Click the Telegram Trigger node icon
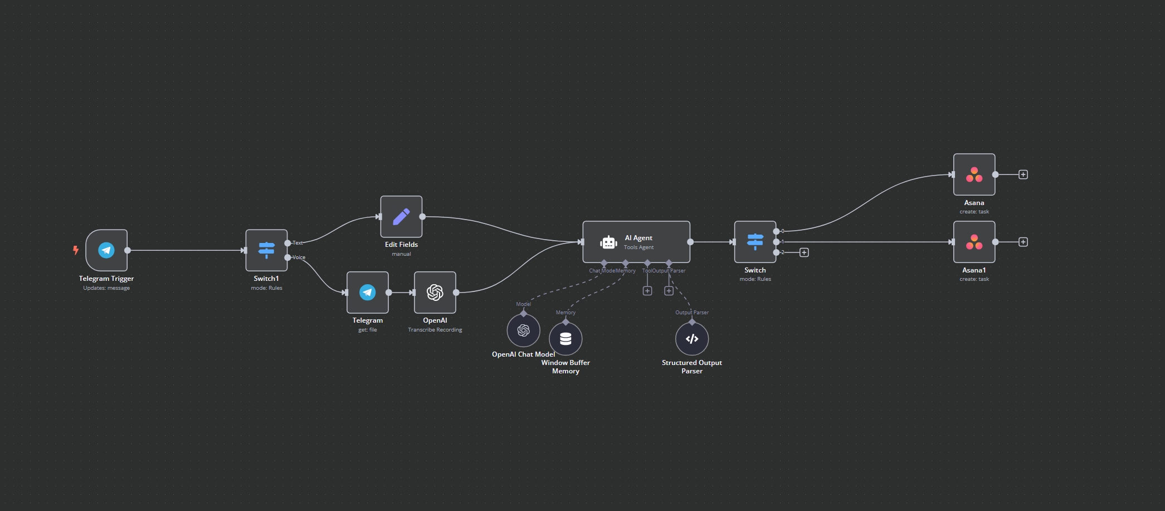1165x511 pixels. tap(106, 250)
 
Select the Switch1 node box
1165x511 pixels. tap(266, 250)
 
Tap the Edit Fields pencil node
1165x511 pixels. tap(401, 217)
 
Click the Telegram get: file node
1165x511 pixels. tap(367, 293)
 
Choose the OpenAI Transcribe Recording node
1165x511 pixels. tap(435, 293)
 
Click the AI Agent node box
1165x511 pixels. tap(636, 242)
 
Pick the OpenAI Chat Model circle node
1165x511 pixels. tap(523, 330)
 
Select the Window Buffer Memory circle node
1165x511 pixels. tap(566, 339)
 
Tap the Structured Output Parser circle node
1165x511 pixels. tap(692, 339)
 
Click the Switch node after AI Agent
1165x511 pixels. tap(755, 242)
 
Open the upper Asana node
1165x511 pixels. tap(974, 174)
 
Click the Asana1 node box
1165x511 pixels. tap(974, 242)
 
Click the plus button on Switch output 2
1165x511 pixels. tap(804, 252)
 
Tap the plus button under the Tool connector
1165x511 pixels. tap(647, 291)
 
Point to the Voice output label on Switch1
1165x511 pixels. tap(299, 257)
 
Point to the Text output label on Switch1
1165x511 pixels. tap(298, 243)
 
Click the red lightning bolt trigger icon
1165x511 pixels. tap(76, 250)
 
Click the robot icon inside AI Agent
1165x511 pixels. tap(608, 242)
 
